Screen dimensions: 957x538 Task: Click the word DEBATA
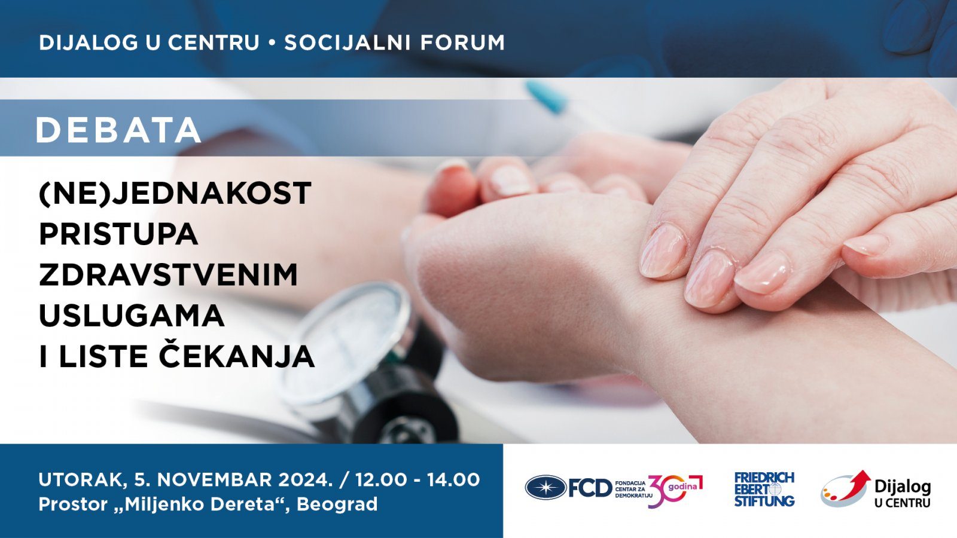118,130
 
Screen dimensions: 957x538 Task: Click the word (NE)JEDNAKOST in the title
175,194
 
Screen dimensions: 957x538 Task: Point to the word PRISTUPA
118,234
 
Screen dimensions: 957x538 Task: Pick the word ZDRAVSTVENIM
168,275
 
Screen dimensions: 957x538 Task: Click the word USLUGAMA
132,316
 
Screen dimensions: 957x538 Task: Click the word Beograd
337,505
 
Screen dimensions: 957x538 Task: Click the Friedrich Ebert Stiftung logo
764,490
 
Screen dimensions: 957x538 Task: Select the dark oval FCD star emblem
545,487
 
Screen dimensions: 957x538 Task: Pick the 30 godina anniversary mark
675,490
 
